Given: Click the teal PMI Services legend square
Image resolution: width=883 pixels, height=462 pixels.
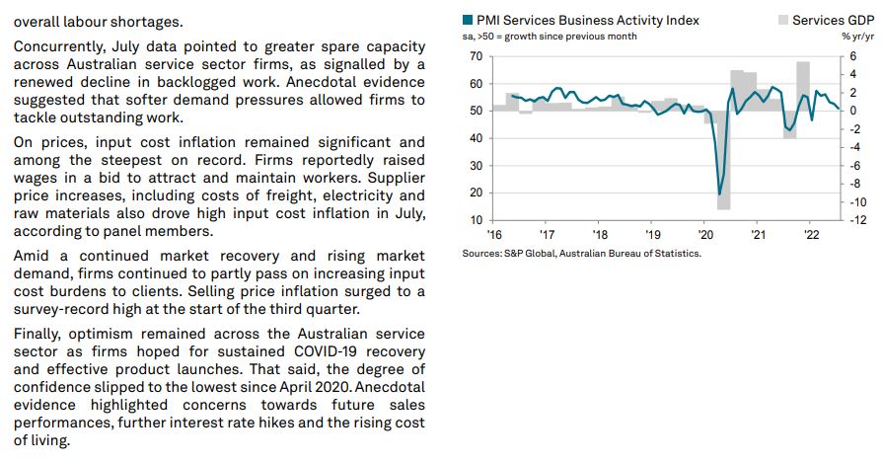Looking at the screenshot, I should [468, 20].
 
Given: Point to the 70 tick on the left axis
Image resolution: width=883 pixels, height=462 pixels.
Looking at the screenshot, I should [476, 56].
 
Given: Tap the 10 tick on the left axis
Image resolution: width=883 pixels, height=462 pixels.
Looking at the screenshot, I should [476, 220].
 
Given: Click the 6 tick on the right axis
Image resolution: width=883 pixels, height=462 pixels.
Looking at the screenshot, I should [853, 56].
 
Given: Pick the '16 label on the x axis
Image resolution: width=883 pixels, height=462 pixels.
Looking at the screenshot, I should [494, 235].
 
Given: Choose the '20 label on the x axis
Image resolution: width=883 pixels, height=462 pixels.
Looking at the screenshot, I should [704, 235].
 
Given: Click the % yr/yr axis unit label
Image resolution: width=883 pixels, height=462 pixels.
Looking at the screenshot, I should [857, 37].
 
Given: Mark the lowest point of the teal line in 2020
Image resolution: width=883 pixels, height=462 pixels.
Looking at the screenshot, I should [719, 193].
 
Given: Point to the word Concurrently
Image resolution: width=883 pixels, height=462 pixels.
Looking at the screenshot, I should [60, 46].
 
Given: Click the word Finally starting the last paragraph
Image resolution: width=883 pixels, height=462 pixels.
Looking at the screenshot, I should [40, 334].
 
